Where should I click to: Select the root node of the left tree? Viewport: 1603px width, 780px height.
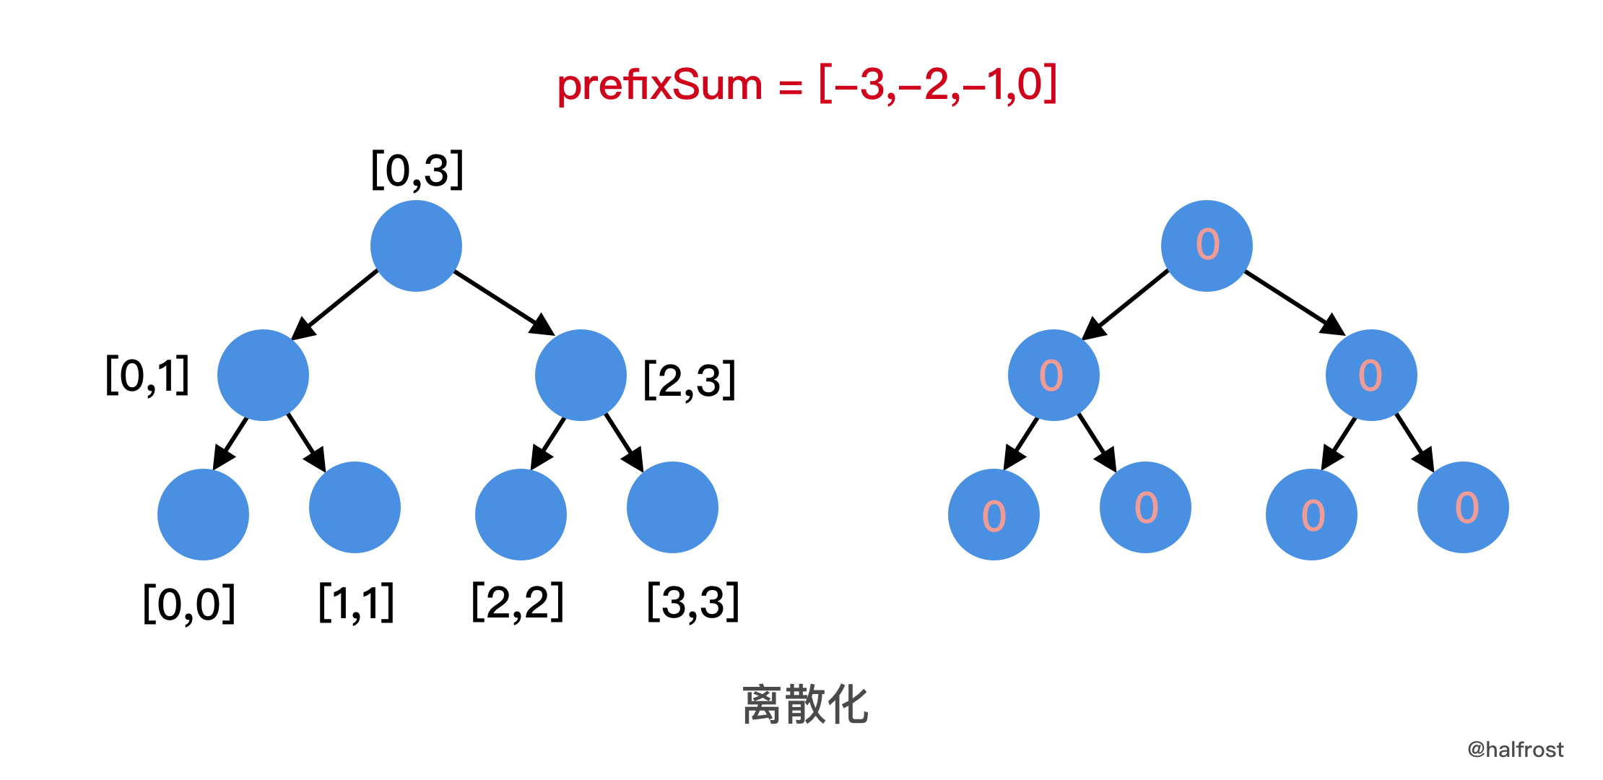click(x=416, y=246)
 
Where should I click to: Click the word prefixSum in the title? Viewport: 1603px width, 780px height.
click(x=659, y=86)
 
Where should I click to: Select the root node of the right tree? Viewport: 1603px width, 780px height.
click(x=1207, y=246)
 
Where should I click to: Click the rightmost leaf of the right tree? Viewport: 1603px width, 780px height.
click(x=1463, y=507)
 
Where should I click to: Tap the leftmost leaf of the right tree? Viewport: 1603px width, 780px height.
click(x=994, y=514)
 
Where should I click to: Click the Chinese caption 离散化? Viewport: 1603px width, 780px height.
click(x=805, y=704)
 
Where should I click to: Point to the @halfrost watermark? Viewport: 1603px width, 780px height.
click(x=1515, y=750)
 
